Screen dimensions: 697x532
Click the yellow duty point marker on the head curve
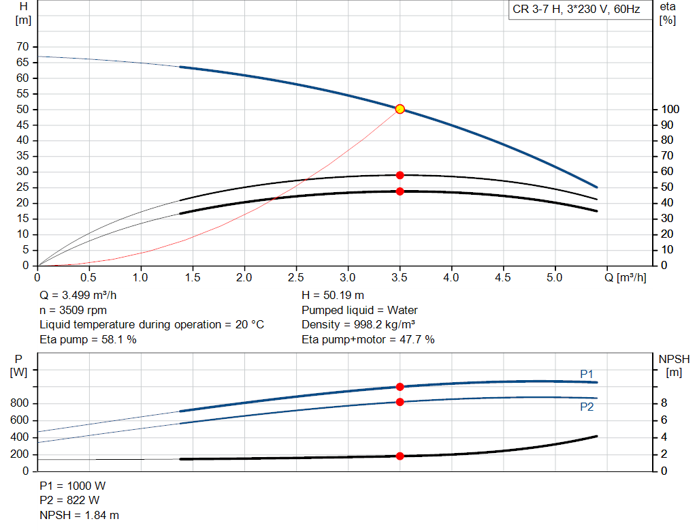400,109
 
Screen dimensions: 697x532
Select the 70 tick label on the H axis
22,47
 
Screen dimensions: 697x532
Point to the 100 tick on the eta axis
670,109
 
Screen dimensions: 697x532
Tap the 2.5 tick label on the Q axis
295,277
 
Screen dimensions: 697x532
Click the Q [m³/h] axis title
625,277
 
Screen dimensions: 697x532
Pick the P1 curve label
587,374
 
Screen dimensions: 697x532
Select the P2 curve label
587,407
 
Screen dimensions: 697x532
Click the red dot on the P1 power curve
400,387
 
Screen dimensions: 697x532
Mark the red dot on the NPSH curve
400,456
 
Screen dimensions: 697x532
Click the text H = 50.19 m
333,296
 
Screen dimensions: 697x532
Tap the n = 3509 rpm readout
74,310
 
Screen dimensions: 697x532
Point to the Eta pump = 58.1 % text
88,339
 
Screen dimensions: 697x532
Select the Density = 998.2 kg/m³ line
359,325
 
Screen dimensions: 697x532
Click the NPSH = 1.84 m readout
79,515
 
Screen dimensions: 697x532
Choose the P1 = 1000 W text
72,486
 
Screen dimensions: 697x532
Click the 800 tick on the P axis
19,403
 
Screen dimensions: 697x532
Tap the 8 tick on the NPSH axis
664,403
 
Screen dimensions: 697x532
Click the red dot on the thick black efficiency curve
400,191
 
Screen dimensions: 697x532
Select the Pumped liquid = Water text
359,310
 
